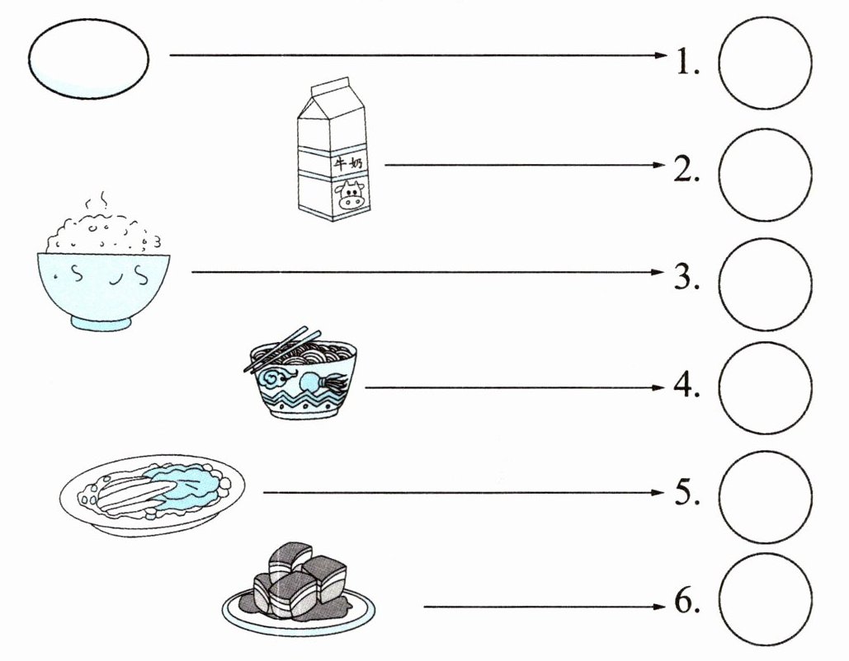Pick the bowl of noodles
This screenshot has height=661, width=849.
pyautogui.click(x=302, y=382)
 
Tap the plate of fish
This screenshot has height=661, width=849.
pyautogui.click(x=153, y=495)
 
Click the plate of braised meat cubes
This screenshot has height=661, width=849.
pyautogui.click(x=298, y=590)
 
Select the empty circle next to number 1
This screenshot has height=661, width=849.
pyautogui.click(x=765, y=63)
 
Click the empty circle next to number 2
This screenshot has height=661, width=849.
pyautogui.click(x=765, y=174)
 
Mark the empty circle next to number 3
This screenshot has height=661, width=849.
pyautogui.click(x=765, y=284)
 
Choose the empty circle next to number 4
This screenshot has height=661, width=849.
pyautogui.click(x=765, y=387)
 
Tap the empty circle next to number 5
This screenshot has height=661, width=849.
pyautogui.click(x=765, y=497)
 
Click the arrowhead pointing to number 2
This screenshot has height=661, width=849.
pyautogui.click(x=657, y=165)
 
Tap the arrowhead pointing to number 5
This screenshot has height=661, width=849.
pyautogui.click(x=657, y=493)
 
